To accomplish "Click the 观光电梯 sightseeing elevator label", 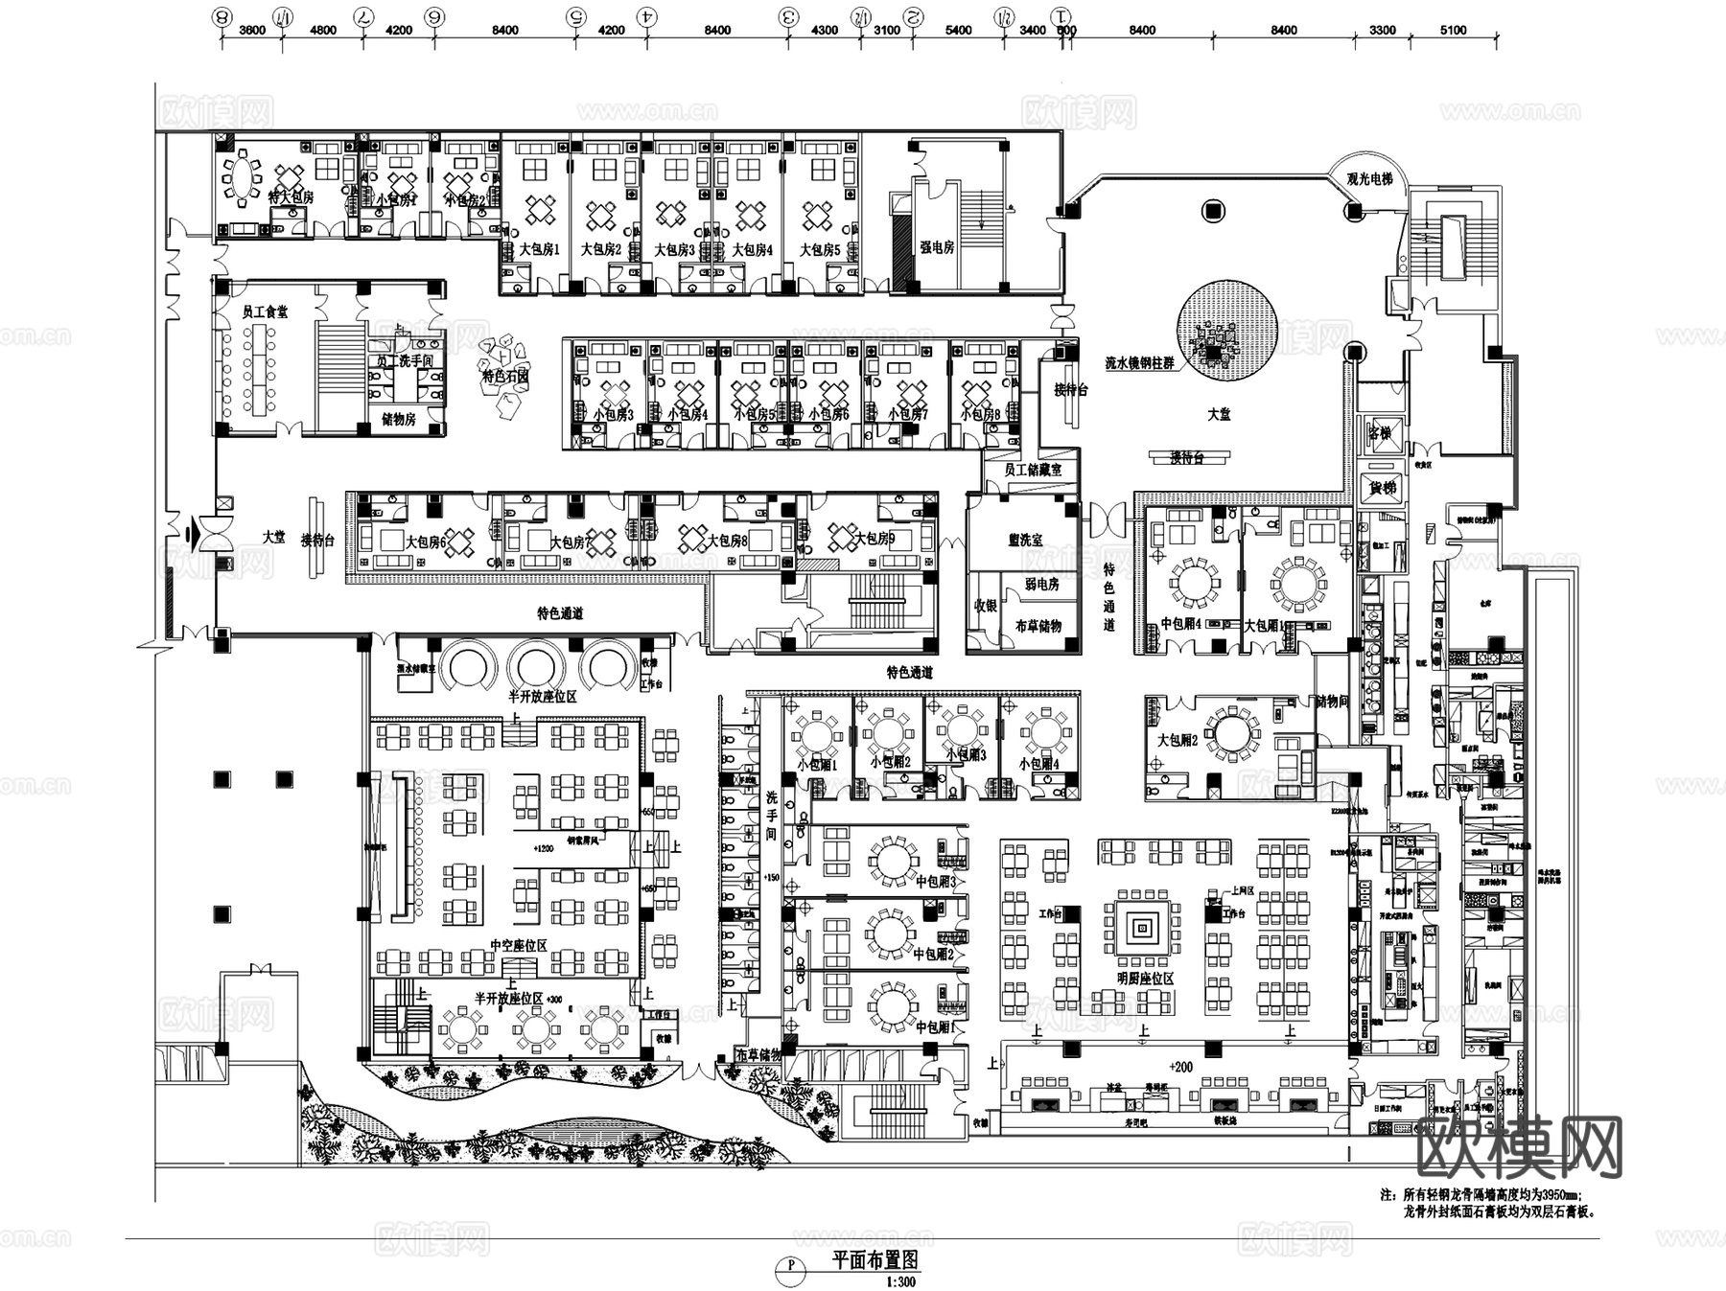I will (x=1368, y=179).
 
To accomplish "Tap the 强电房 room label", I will (x=937, y=247).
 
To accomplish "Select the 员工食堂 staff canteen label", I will (x=265, y=312).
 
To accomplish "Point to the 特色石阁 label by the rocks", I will (x=505, y=378).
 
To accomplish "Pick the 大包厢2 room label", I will (x=1178, y=741).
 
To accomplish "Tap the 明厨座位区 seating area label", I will (x=1145, y=979).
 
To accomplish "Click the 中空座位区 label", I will (x=518, y=945).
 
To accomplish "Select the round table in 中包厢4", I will (x=1195, y=582).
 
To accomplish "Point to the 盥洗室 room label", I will (x=1025, y=541).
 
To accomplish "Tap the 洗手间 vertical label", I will (x=772, y=816).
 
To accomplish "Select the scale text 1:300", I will (x=900, y=1281).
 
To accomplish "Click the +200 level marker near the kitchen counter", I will (x=1180, y=1067).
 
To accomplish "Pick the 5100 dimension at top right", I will (x=1453, y=30).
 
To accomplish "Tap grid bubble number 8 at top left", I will (x=222, y=16).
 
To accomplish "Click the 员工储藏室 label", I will (x=1033, y=471).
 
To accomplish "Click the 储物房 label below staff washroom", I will (x=399, y=419).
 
